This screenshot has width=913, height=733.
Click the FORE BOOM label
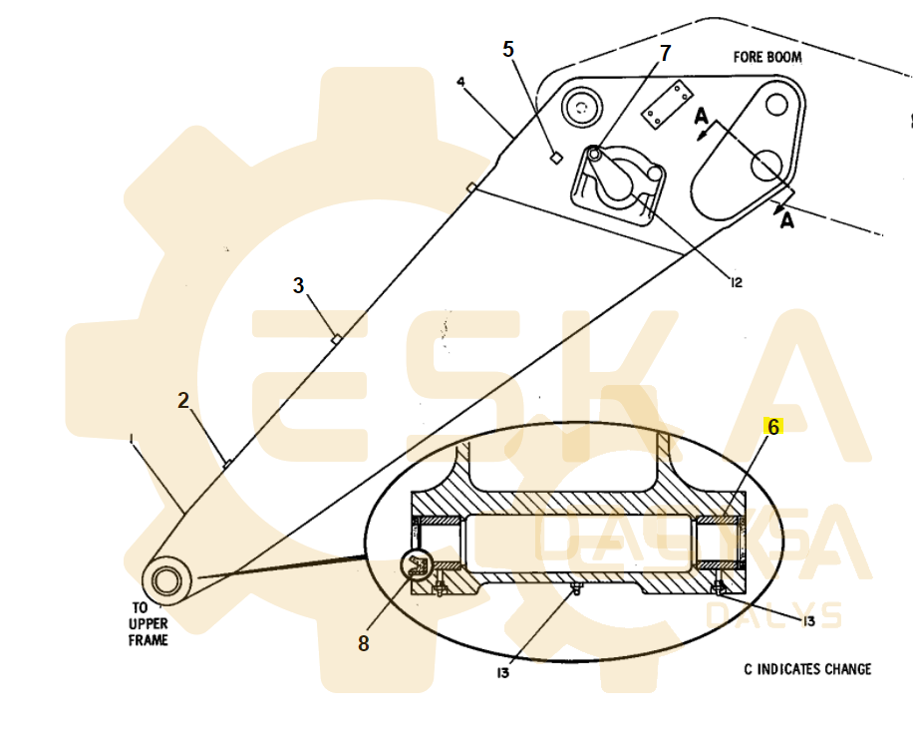[767, 57]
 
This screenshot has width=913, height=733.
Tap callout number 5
[508, 49]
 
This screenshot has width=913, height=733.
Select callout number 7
[665, 52]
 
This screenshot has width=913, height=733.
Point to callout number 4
[460, 80]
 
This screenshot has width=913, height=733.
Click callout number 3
[298, 285]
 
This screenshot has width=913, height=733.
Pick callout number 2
[183, 400]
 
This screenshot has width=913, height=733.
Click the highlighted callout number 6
[773, 427]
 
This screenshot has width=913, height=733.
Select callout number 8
[363, 644]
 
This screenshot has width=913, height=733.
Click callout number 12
[736, 282]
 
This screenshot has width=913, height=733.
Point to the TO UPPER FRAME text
[148, 623]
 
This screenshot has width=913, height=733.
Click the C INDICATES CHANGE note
[807, 668]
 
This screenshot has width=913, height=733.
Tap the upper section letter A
[702, 118]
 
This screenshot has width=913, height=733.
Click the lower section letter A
[786, 220]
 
